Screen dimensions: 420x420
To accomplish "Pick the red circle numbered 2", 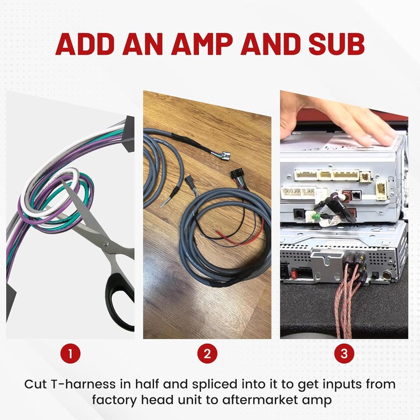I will pyautogui.click(x=207, y=353).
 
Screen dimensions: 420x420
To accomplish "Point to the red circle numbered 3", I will pyautogui.click(x=344, y=353).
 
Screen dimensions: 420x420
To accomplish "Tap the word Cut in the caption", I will pyautogui.click(x=35, y=384).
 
